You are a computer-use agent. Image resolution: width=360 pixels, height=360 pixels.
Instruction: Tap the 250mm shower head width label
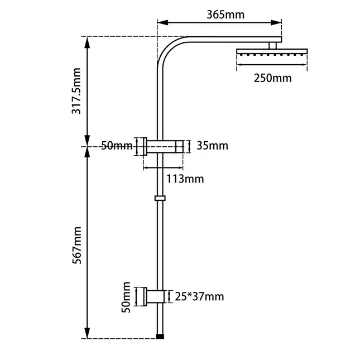click(272, 78)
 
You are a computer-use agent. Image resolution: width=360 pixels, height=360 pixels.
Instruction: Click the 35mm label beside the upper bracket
click(213, 146)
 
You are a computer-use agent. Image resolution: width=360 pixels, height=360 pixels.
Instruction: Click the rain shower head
click(272, 52)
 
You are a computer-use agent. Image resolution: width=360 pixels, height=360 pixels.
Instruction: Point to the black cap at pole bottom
click(161, 337)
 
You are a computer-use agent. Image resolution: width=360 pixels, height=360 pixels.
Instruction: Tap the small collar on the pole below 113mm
click(160, 198)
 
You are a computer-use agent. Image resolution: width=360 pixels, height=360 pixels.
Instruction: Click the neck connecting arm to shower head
click(273, 45)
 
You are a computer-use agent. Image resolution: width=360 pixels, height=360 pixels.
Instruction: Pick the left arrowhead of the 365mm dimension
click(160, 23)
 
